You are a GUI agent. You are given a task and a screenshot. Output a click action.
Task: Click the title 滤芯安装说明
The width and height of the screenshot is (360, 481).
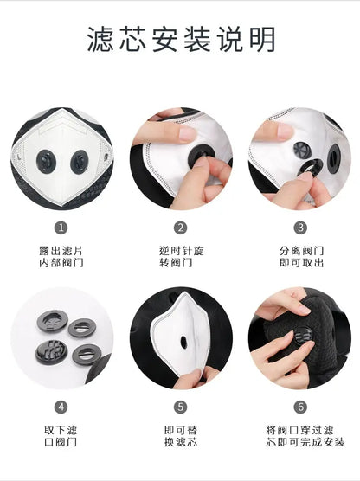[x=180, y=39]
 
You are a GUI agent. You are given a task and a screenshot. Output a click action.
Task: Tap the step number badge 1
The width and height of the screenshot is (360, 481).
[x=61, y=228]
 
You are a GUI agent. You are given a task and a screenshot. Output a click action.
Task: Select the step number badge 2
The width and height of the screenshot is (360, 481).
[x=180, y=228]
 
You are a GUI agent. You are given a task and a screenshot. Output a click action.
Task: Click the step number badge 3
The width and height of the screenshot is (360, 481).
[x=299, y=228]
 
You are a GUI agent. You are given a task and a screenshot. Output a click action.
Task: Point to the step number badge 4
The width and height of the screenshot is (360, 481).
[x=61, y=406]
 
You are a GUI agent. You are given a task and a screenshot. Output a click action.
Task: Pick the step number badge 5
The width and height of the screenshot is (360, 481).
[x=180, y=406]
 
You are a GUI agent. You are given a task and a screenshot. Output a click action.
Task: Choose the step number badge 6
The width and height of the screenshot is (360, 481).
[x=299, y=406]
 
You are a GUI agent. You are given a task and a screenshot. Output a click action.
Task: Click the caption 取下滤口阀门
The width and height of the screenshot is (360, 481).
[x=61, y=434]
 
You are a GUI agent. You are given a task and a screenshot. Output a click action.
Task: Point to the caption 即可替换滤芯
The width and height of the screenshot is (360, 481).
[x=180, y=434]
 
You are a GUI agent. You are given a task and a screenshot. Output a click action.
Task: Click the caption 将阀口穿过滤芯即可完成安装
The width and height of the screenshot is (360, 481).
[x=299, y=434]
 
